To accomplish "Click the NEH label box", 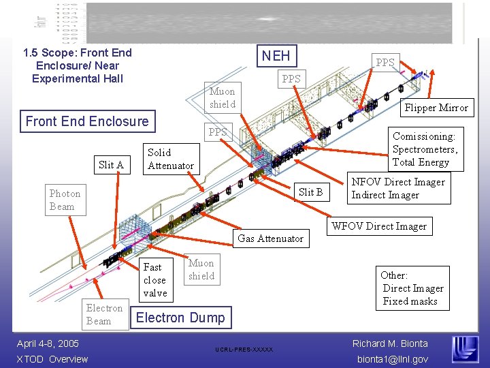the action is [276, 56].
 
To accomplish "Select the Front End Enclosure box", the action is [86, 121].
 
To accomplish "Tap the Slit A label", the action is [111, 164].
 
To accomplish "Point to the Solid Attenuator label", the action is [170, 159].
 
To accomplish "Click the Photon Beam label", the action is [65, 200].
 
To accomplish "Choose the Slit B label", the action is [311, 192].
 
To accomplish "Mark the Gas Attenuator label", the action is [270, 239].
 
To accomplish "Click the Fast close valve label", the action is [154, 280].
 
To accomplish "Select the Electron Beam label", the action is [104, 315].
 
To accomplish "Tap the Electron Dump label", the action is [180, 317].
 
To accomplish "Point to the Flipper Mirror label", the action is [436, 108].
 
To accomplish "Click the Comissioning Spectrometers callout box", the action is [425, 149].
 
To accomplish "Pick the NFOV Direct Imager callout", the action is [397, 189].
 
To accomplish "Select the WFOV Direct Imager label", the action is [379, 226].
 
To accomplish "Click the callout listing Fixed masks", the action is [412, 288].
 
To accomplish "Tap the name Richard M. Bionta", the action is [390, 343].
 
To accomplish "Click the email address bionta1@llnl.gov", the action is [391, 359].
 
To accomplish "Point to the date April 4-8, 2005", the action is [48, 343].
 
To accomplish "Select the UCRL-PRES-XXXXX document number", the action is [244, 350].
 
